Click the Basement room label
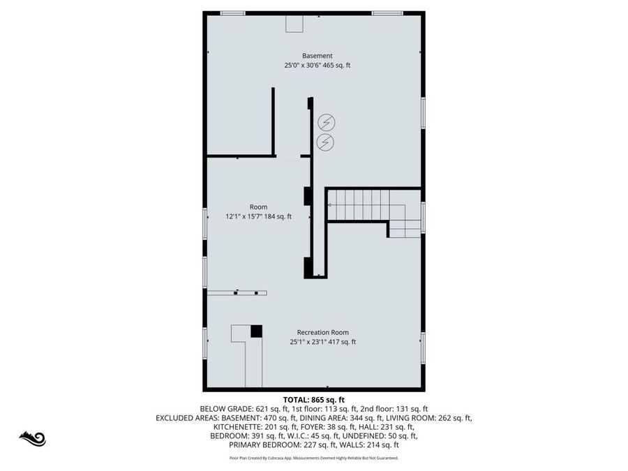(317, 56)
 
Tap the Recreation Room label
(322, 332)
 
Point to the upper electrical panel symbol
(326, 123)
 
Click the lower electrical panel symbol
(326, 142)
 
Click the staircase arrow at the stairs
(330, 204)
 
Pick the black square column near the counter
(256, 331)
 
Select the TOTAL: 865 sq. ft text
(314, 399)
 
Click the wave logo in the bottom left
(32, 439)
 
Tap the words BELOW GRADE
(223, 409)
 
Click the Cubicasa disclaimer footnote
(314, 458)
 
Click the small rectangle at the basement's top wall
(294, 23)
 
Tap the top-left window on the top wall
(232, 13)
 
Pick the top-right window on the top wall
(387, 13)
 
